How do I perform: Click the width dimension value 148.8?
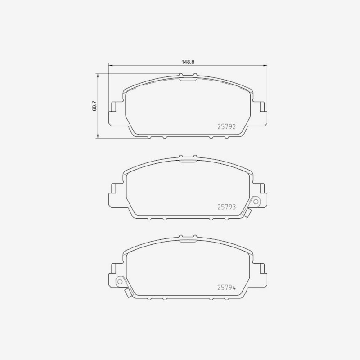pos(188,62)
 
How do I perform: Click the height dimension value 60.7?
pos(94,106)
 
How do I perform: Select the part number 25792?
pos(226,127)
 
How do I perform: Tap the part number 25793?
pos(226,207)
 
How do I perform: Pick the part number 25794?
pos(226,288)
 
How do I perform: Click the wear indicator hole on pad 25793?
pos(256,202)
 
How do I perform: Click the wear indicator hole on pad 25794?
pos(120,282)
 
